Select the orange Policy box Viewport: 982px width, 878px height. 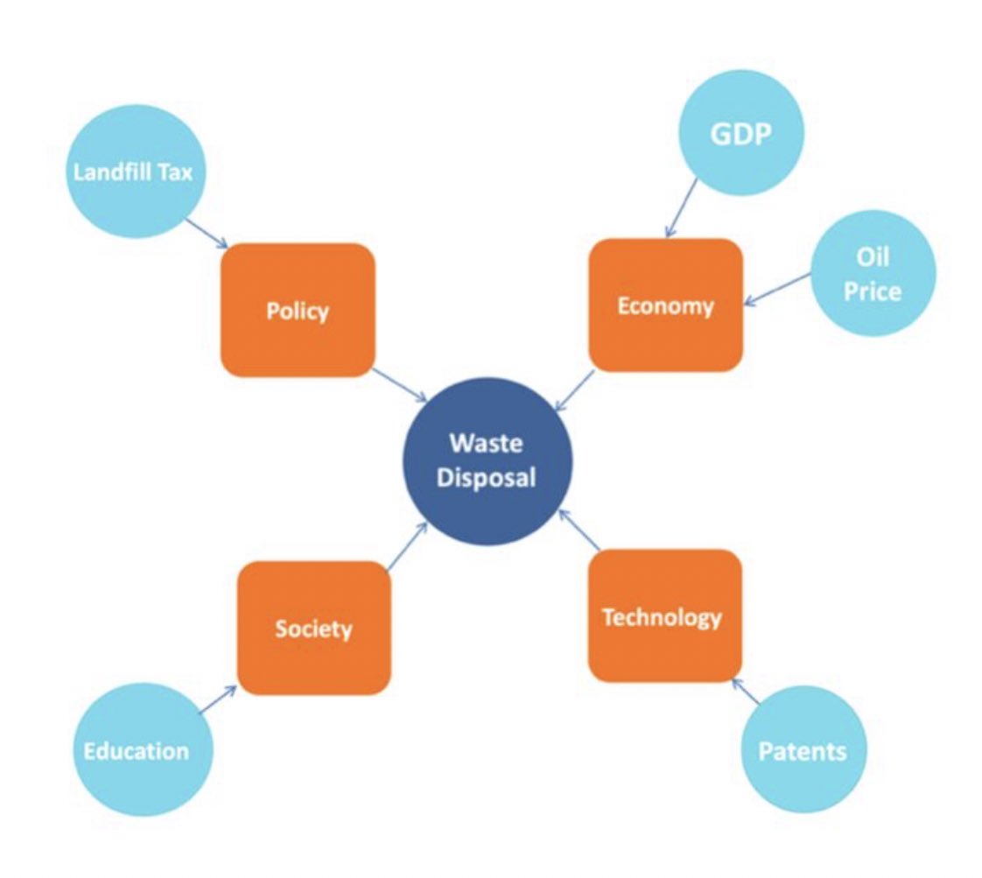[x=298, y=310]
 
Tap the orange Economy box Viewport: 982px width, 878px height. [x=665, y=305]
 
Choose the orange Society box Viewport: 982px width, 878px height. [x=313, y=628]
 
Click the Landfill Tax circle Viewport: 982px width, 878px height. [x=133, y=172]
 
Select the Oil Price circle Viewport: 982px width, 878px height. [x=873, y=275]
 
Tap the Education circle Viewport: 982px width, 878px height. [x=137, y=750]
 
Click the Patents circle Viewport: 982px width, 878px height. [x=803, y=750]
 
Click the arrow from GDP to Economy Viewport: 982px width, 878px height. [x=682, y=207]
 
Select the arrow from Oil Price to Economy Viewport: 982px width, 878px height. [x=778, y=290]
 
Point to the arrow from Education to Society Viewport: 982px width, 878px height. [x=217, y=699]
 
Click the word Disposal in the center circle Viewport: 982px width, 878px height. [x=487, y=478]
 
